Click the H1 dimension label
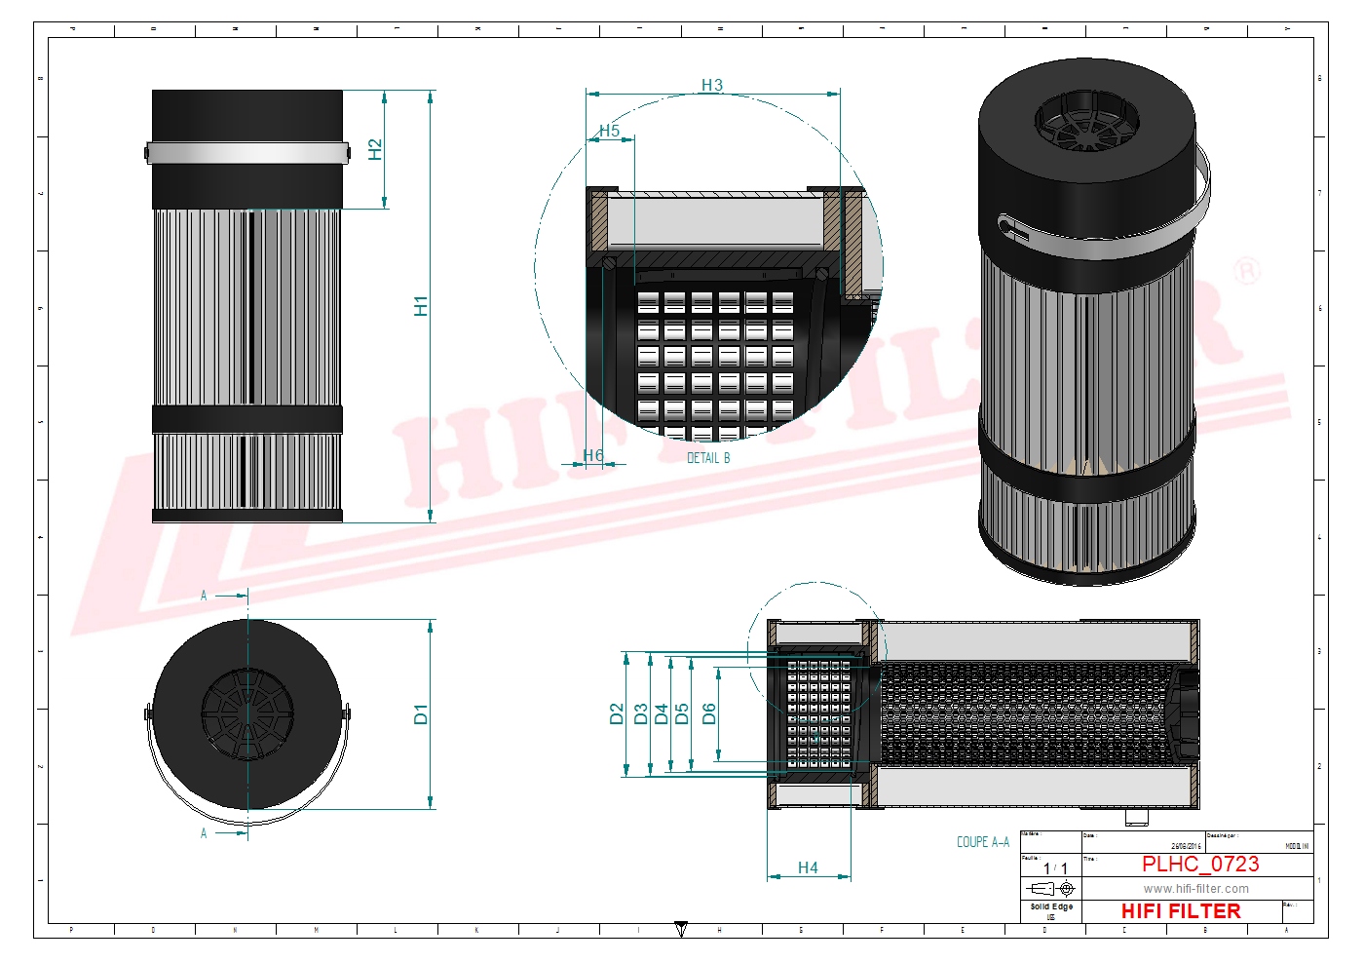point(421,306)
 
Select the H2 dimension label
point(375,149)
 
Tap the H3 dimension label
point(712,86)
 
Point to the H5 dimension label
point(609,131)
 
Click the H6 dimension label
point(593,455)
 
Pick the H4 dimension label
point(808,867)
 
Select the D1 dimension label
point(421,714)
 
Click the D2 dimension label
point(616,714)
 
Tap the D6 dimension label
point(709,714)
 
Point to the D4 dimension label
point(662,714)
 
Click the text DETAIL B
point(708,458)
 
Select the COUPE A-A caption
point(982,842)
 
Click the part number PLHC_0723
point(1200,865)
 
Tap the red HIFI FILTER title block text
point(1181,911)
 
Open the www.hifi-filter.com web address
point(1195,889)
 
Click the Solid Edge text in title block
point(1051,906)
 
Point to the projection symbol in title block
point(1052,889)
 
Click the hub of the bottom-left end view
point(247,714)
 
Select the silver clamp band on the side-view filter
point(247,153)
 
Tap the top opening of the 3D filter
point(1086,121)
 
